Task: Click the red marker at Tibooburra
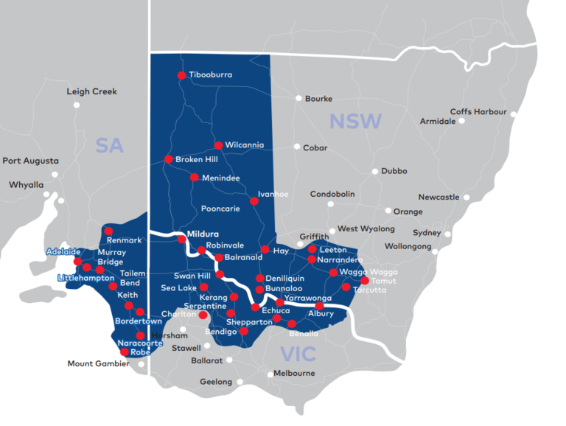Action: (x=181, y=75)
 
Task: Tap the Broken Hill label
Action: (x=197, y=159)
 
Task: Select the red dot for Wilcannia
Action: (x=218, y=145)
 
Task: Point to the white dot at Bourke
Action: (x=298, y=98)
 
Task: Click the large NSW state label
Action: (x=355, y=122)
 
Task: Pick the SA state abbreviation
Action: (x=109, y=146)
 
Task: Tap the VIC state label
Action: (x=298, y=354)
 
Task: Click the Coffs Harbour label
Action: (x=478, y=112)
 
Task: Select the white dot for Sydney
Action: (x=447, y=234)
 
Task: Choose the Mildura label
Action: (x=203, y=234)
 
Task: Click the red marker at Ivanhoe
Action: (x=254, y=200)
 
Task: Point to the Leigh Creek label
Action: (x=91, y=92)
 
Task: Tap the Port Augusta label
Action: (x=30, y=161)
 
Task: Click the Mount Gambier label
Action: (x=99, y=363)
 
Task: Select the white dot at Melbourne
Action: (x=269, y=373)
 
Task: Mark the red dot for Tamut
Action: (x=364, y=280)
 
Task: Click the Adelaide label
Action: (x=63, y=251)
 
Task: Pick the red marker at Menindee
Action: (x=194, y=178)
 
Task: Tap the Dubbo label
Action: (x=394, y=171)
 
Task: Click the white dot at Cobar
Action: (x=297, y=147)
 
